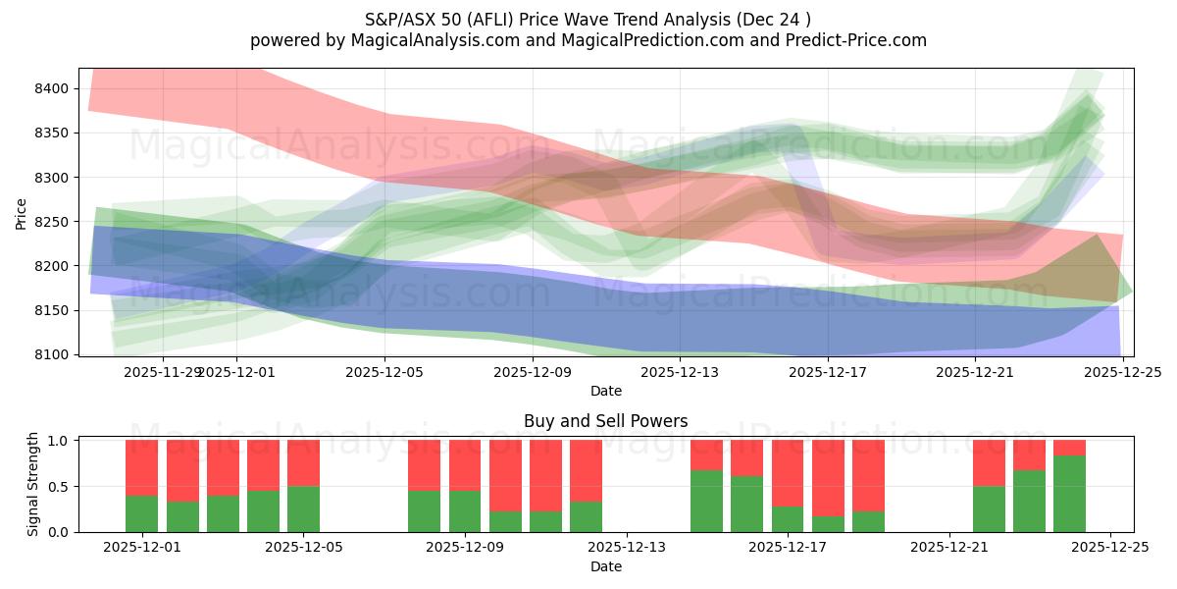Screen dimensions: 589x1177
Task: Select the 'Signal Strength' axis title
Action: click(x=33, y=484)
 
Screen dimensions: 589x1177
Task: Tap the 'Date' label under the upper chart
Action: click(x=605, y=391)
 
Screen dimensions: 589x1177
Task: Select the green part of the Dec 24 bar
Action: click(x=1069, y=494)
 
